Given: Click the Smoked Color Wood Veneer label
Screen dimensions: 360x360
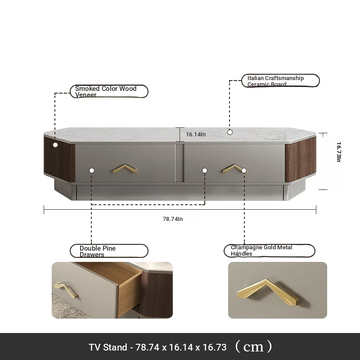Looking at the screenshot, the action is coord(109,91).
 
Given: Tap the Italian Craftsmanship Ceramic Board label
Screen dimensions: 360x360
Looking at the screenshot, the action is coord(280,81).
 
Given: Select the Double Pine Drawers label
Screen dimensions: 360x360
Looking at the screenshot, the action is coord(109,251).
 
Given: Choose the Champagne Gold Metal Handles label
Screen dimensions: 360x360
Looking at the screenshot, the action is coord(269,251).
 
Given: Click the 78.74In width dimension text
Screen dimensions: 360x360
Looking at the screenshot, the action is coord(173,219).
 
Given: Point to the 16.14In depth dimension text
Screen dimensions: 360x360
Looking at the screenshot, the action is coord(196,134).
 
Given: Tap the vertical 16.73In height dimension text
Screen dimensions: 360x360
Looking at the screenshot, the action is coord(338,152).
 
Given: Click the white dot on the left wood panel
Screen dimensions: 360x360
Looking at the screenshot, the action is coord(55,145).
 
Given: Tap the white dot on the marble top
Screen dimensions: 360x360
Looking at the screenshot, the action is coord(230,132).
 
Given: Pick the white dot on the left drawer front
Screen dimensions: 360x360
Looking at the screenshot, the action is coord(92,171).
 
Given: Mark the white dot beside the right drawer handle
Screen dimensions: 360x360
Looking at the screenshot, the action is coord(244,171).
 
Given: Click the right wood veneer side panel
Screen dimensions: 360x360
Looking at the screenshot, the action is coord(300,160).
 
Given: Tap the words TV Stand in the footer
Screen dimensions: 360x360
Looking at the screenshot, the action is coord(108,347).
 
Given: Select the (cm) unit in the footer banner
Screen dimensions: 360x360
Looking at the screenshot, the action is coord(253,346).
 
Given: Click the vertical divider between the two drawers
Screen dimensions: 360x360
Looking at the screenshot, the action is coord(180,163).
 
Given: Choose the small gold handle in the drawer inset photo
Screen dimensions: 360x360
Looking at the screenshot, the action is coord(66,290).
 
